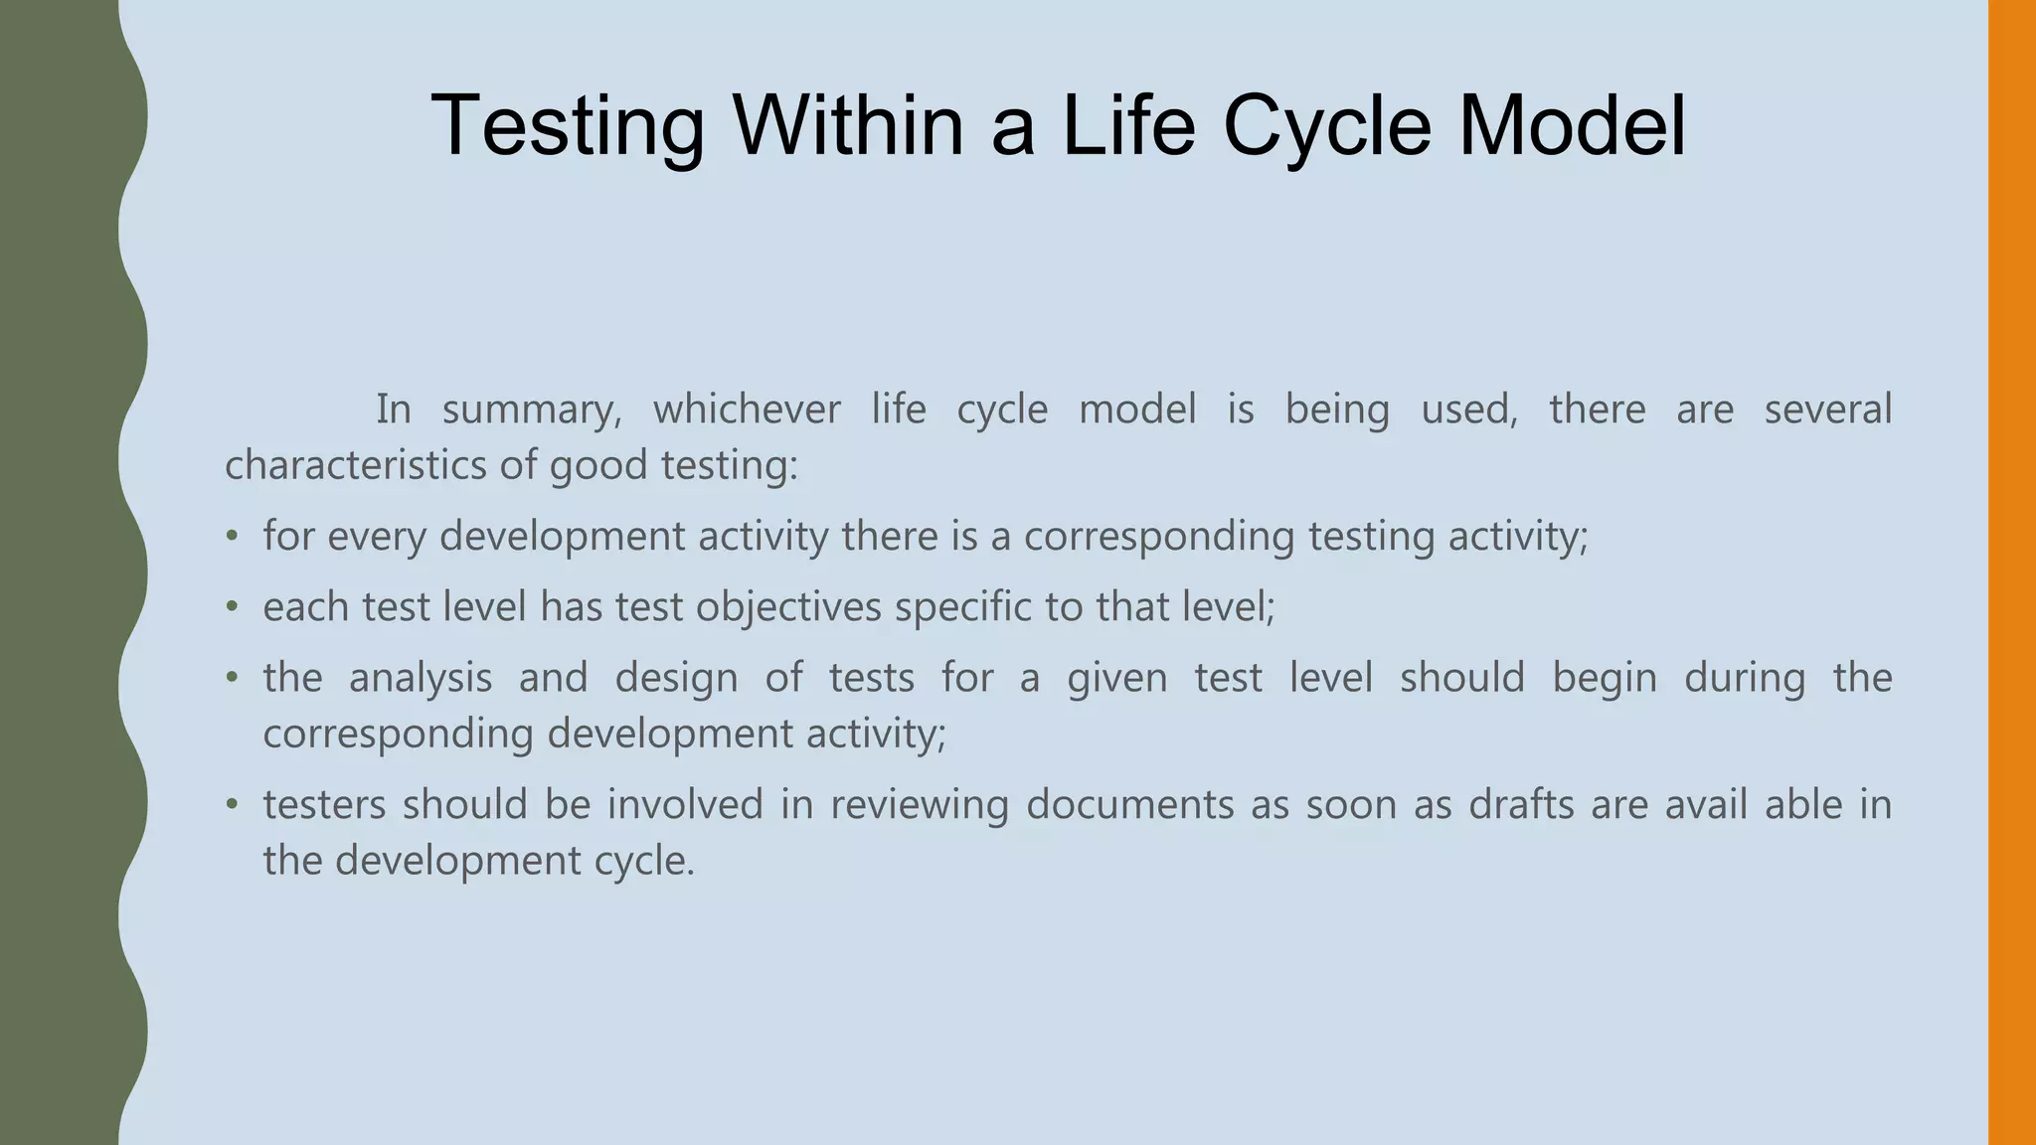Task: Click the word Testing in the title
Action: pyautogui.click(x=568, y=126)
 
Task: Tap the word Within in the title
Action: pyautogui.click(x=848, y=126)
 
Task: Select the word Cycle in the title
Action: pyautogui.click(x=1326, y=126)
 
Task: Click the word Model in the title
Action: pyautogui.click(x=1571, y=126)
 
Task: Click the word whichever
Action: pyautogui.click(x=746, y=409)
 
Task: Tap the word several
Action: pyautogui.click(x=1827, y=409)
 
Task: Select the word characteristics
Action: pyautogui.click(x=355, y=465)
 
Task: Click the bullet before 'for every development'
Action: pyautogui.click(x=232, y=537)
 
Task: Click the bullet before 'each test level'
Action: pyautogui.click(x=232, y=607)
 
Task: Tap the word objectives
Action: pyautogui.click(x=788, y=607)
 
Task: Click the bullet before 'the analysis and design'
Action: pyautogui.click(x=232, y=679)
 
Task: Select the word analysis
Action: pyautogui.click(x=421, y=679)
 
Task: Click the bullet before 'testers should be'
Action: pyautogui.click(x=232, y=805)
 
